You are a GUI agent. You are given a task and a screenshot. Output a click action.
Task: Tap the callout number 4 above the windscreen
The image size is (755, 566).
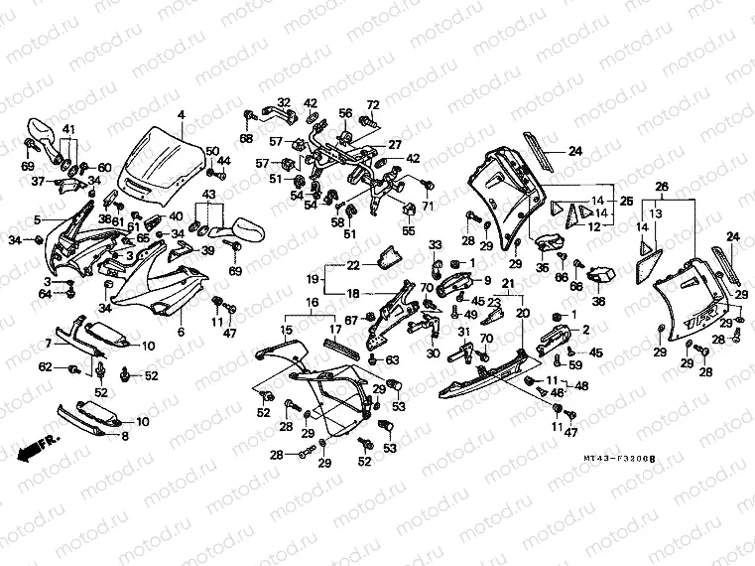tap(182, 116)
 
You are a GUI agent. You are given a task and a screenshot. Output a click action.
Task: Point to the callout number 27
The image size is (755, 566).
tap(394, 144)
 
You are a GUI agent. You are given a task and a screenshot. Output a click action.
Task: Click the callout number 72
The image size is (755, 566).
tap(373, 104)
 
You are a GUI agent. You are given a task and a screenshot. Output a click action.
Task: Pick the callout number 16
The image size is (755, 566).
tap(311, 302)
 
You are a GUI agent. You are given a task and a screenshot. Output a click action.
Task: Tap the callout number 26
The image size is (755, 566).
tap(663, 185)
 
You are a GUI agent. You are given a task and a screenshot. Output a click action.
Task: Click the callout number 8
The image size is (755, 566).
tap(125, 435)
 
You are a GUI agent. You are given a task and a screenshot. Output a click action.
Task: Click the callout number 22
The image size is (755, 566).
tap(353, 264)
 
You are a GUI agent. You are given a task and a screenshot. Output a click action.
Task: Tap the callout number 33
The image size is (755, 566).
tap(435, 244)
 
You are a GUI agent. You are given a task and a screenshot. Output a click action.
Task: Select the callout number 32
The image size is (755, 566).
tap(283, 102)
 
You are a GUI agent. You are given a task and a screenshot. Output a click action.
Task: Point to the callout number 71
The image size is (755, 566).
tap(429, 206)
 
